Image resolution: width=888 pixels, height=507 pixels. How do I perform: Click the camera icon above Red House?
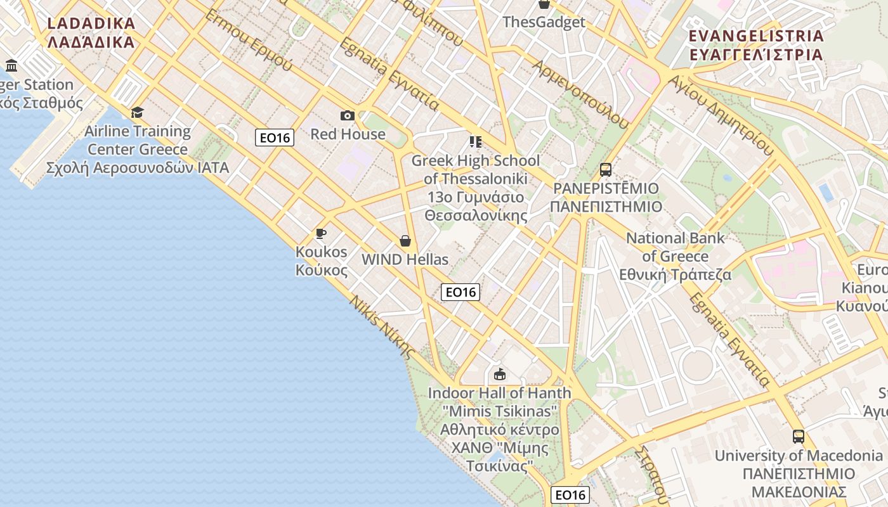(x=347, y=115)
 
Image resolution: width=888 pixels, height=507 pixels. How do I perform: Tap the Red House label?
(x=348, y=134)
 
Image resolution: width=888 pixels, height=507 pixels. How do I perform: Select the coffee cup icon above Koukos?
(x=321, y=233)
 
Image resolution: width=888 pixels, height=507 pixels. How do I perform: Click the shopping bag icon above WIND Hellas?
(x=405, y=241)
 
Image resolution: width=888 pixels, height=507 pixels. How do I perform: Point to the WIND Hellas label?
(x=405, y=259)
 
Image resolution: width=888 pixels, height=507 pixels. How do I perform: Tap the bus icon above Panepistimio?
(x=606, y=170)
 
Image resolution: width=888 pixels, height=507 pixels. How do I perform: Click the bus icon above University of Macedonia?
(x=799, y=437)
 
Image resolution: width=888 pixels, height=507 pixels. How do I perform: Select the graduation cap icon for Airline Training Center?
(x=137, y=113)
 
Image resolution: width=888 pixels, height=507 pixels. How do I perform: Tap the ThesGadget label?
(x=544, y=22)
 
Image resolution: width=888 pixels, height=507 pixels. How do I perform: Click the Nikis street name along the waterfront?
(x=382, y=327)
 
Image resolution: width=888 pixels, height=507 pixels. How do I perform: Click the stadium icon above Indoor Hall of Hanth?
(x=500, y=374)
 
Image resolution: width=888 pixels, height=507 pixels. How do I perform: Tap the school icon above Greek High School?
(x=475, y=141)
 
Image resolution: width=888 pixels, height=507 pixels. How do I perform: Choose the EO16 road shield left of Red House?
(x=275, y=138)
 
